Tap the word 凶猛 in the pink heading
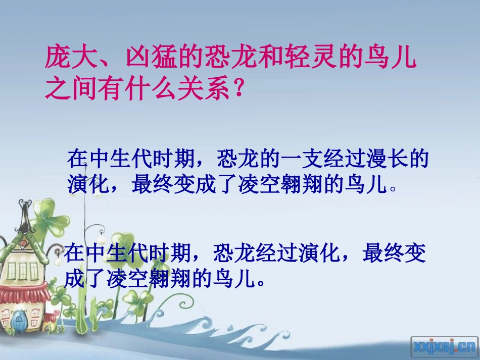pyautogui.click(x=143, y=57)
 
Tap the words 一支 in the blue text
pyautogui.click(x=300, y=160)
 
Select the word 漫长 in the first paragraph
pyautogui.click(x=385, y=160)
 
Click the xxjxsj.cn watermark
pyautogui.click(x=444, y=346)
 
